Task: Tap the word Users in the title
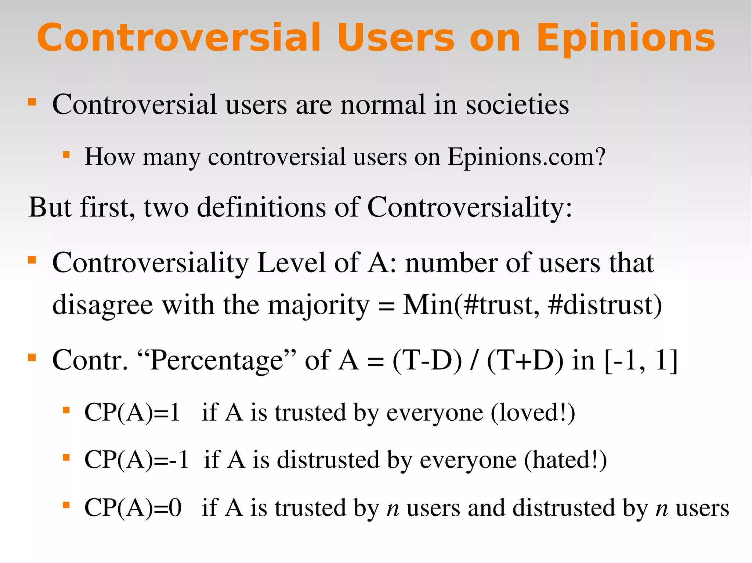[x=396, y=37]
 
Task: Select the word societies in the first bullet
[x=517, y=105]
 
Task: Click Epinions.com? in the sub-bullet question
[x=526, y=157]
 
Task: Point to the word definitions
[x=261, y=208]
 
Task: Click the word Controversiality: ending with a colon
[x=469, y=208]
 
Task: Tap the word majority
[x=318, y=305]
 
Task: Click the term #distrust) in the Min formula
[x=605, y=305]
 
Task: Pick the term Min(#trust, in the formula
[x=471, y=305]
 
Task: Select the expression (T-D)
[x=427, y=360]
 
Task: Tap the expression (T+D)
[x=525, y=360]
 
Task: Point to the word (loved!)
[x=533, y=413]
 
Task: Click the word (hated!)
[x=565, y=460]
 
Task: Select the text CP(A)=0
[x=133, y=508]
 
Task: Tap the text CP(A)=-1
[x=137, y=460]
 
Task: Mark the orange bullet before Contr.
[x=32, y=357]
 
